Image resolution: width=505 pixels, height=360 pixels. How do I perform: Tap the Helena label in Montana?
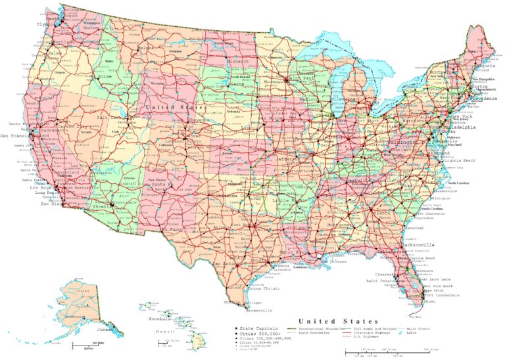[x=145, y=48]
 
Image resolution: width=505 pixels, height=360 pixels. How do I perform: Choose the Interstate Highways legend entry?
[x=367, y=333]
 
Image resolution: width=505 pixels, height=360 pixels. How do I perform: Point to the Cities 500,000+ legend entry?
[x=256, y=333]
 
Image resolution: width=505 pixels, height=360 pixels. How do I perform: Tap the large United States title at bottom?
[x=337, y=321]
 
